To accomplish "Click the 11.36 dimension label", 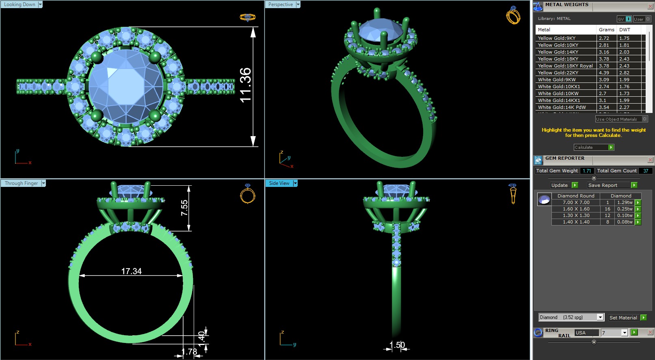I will [x=245, y=85].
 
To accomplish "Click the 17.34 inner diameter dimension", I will [x=131, y=271].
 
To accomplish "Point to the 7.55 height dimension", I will [x=184, y=208].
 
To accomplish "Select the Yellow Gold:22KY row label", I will [x=558, y=73].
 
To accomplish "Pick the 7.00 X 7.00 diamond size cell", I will [x=576, y=202].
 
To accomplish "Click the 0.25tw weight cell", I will [x=625, y=209].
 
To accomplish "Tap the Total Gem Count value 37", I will [x=645, y=171].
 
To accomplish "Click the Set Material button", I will [x=623, y=318].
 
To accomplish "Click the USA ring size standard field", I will [x=586, y=333].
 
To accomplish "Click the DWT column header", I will [x=625, y=30].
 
